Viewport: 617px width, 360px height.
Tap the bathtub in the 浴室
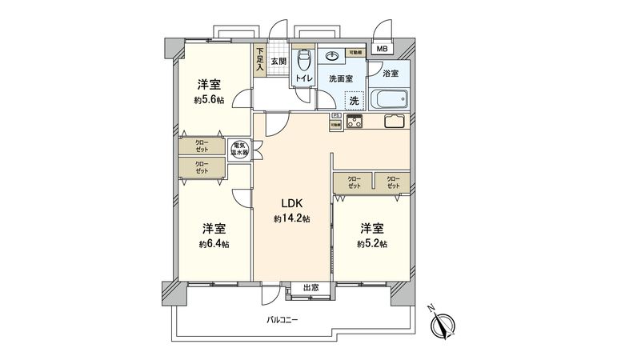(x=390, y=102)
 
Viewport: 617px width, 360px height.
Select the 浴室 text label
(x=391, y=74)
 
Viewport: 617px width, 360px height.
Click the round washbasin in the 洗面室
(x=331, y=58)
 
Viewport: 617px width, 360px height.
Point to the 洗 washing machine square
(x=353, y=101)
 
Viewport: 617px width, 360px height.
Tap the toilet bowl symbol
(x=303, y=61)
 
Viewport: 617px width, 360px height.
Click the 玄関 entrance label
(x=278, y=61)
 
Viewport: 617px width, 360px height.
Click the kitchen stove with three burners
(x=353, y=122)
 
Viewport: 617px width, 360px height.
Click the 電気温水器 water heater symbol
(x=239, y=150)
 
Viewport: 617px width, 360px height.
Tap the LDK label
(x=290, y=203)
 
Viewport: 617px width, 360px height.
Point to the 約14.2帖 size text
(x=291, y=218)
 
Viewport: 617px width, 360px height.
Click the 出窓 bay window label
(x=311, y=288)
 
